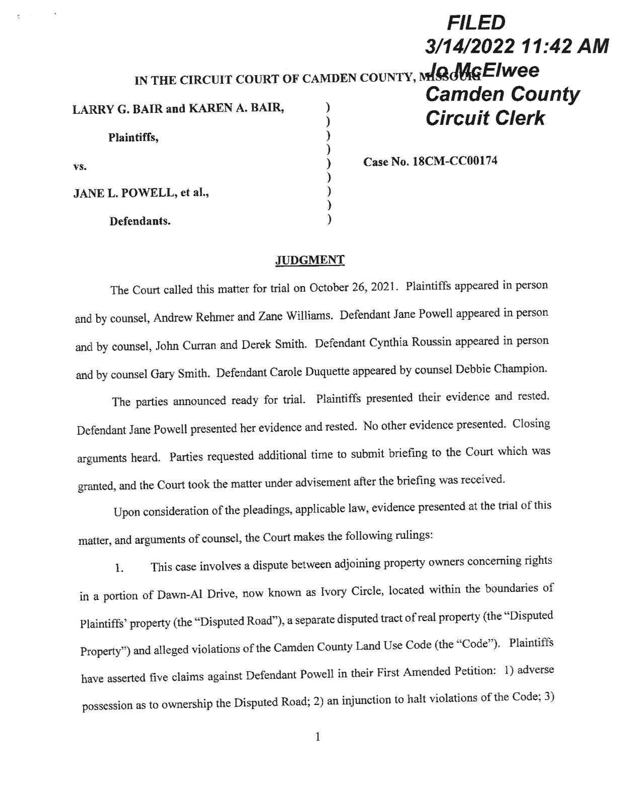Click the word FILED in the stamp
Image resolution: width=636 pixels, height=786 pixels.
click(x=476, y=23)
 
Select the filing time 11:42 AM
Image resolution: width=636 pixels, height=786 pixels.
click(x=564, y=46)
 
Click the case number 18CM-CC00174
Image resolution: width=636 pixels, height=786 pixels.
click(x=455, y=161)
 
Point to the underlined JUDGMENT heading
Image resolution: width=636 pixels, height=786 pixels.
click(x=310, y=260)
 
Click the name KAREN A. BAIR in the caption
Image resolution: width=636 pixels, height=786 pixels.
click(x=236, y=108)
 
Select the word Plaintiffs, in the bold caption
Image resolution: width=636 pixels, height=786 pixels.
click(x=133, y=137)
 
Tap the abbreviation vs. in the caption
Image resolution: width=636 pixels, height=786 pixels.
click(x=80, y=167)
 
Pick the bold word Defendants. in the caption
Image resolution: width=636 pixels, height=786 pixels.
click(x=140, y=221)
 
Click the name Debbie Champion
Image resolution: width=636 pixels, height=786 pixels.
click(x=501, y=369)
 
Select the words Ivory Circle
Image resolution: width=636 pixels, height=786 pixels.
click(x=351, y=591)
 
